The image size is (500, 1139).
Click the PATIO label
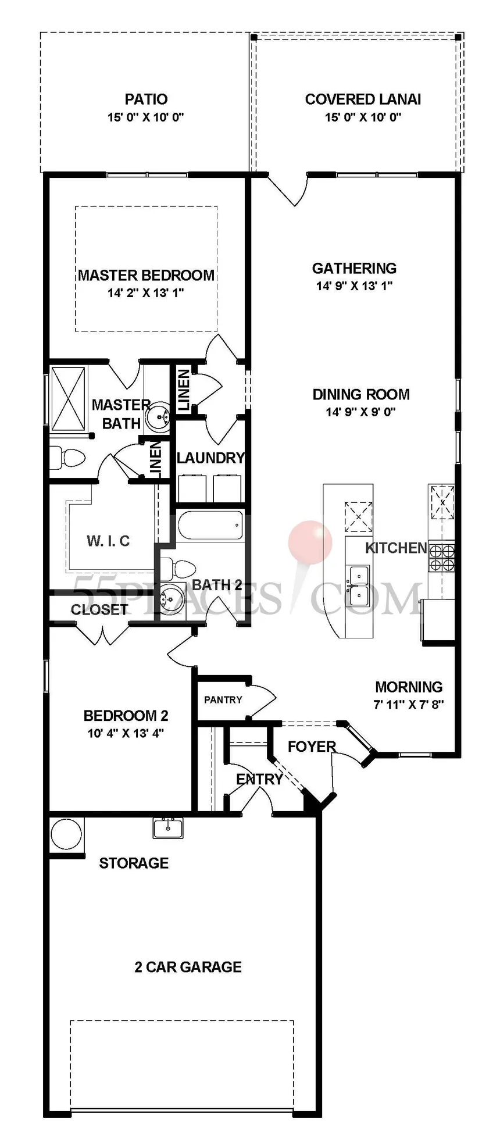click(x=146, y=99)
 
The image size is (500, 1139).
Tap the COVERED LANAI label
click(x=363, y=99)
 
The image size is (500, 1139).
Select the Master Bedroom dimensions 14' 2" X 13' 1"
click(x=145, y=293)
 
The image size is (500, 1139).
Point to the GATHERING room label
click(x=354, y=268)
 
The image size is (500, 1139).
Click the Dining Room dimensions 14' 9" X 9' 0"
click(x=360, y=412)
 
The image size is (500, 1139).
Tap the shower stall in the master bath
click(x=67, y=398)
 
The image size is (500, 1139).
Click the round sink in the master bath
click(x=158, y=417)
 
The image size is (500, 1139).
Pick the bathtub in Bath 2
click(x=210, y=526)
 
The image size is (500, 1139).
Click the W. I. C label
click(x=108, y=541)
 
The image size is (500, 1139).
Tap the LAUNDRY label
click(x=210, y=458)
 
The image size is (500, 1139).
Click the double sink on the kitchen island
click(x=359, y=586)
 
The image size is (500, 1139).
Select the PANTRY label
click(x=223, y=700)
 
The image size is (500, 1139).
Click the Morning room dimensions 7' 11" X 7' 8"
click(x=409, y=705)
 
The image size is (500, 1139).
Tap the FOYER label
click(x=312, y=747)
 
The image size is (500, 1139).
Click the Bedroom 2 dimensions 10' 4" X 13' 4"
click(x=126, y=734)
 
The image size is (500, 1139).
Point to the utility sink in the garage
click(x=168, y=827)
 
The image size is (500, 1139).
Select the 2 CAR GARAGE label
click(x=188, y=967)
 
